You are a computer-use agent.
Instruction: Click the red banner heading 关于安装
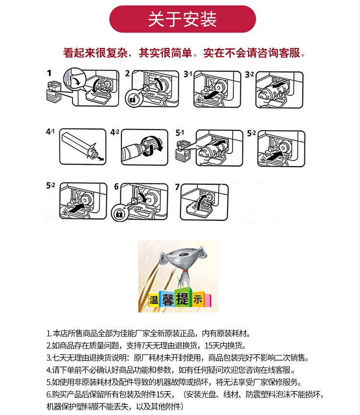coord(182,19)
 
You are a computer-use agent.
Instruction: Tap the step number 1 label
coord(49,73)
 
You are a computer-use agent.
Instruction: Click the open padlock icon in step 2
coord(133,99)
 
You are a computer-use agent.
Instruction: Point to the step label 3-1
coord(188,74)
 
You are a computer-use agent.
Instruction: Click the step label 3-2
coord(249,75)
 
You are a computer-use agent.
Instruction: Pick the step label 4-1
coord(50,131)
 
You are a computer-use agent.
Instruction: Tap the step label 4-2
coord(115,132)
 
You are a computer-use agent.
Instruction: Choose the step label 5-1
coord(180,133)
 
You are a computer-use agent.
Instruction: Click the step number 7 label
coord(177,187)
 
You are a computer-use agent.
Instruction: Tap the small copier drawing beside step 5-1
coord(183,151)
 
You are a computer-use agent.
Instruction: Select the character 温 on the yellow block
coord(154,300)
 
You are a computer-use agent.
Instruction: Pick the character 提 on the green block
coord(182,298)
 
